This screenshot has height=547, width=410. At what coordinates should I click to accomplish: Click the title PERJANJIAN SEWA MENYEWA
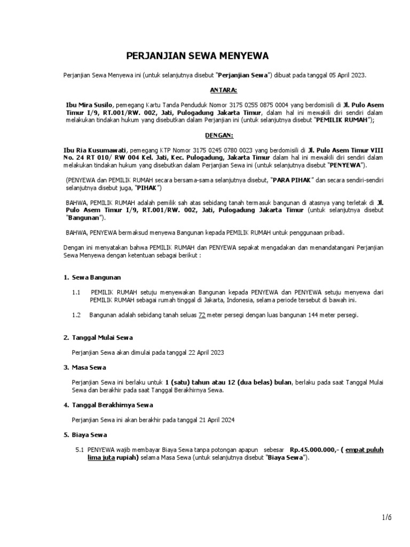[198, 56]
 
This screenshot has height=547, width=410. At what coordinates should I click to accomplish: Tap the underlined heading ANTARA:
[223, 90]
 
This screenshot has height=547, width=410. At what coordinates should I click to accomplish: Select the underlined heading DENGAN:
[223, 136]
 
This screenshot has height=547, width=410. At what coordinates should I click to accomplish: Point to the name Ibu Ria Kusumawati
[93, 151]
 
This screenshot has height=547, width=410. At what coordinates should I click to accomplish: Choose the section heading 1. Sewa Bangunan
[92, 277]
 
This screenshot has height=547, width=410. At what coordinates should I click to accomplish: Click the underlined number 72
[202, 315]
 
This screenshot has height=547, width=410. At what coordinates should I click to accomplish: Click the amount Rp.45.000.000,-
[313, 450]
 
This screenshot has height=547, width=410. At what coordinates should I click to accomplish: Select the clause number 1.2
[76, 315]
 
